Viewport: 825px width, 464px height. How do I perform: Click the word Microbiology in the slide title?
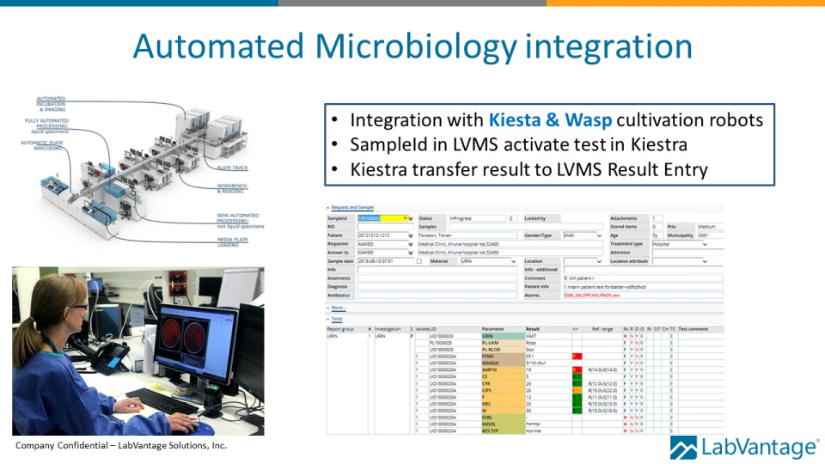click(412, 46)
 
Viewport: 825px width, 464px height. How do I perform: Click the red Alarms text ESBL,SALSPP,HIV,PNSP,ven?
click(592, 295)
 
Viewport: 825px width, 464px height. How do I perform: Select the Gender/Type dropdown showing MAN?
click(583, 235)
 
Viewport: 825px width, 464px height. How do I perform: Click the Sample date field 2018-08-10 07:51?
click(384, 261)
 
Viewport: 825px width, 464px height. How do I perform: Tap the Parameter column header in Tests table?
click(493, 328)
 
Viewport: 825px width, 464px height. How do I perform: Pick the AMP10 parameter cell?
click(492, 369)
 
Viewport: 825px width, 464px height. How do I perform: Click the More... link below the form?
click(338, 307)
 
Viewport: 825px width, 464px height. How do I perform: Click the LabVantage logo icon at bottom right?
click(683, 448)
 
